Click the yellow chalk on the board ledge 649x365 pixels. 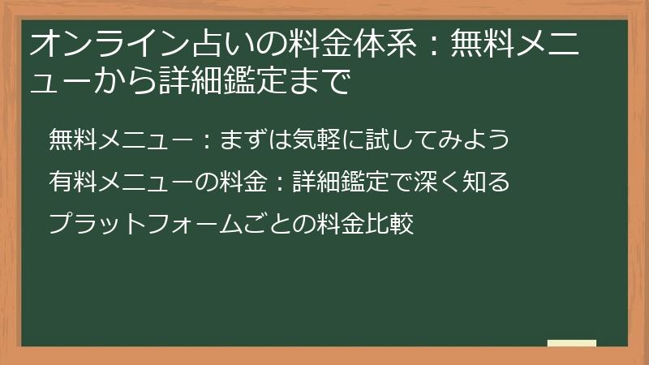point(571,343)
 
